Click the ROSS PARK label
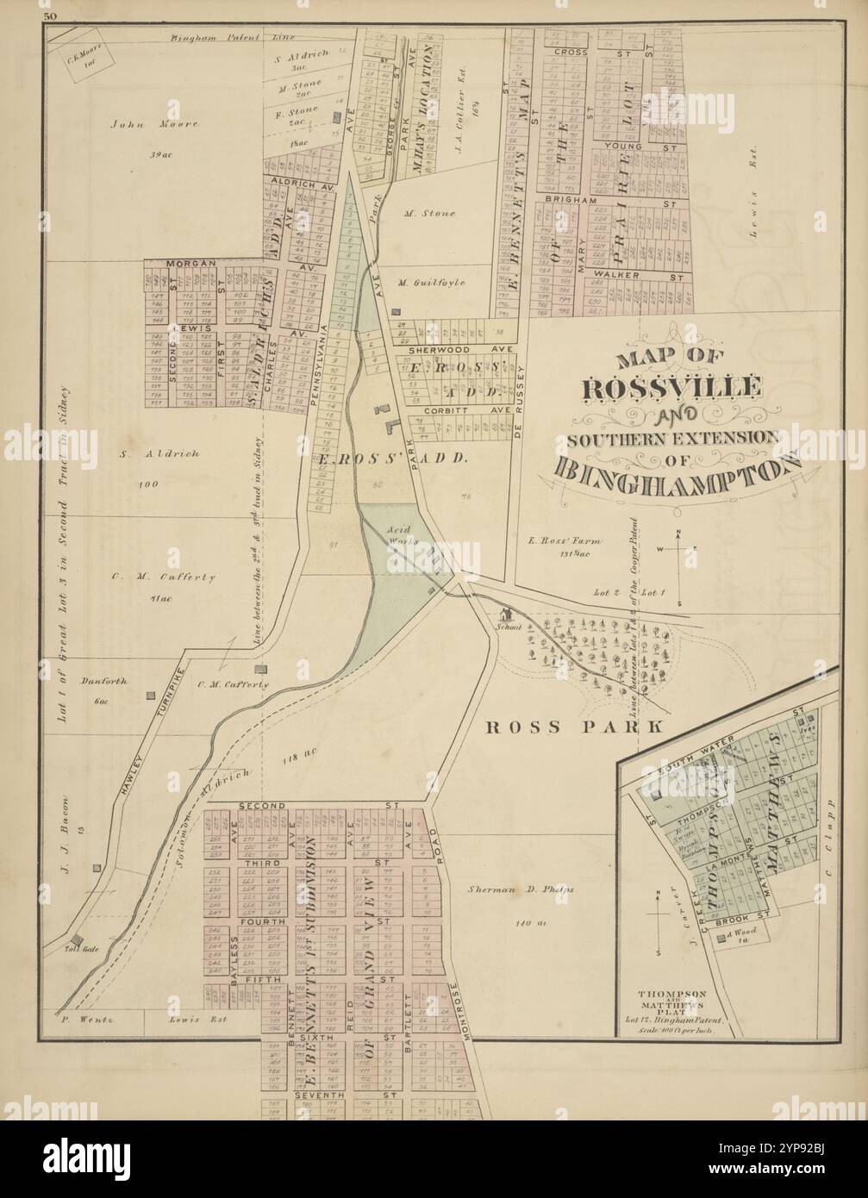point(575,727)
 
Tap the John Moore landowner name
point(155,124)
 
